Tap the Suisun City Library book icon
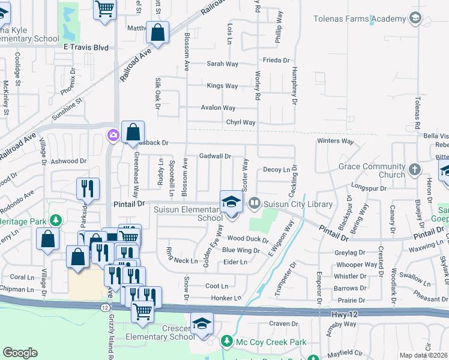point(255,204)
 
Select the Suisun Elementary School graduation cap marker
point(231,202)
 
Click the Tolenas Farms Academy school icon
point(414,19)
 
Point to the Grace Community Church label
point(372,170)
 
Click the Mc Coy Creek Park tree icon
point(226,342)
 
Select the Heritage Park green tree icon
point(56,221)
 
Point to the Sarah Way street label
point(223,64)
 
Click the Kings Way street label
point(222,86)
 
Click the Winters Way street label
point(336,141)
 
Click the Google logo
point(20,353)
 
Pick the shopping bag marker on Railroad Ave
point(157,33)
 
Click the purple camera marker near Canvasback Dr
point(113,136)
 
